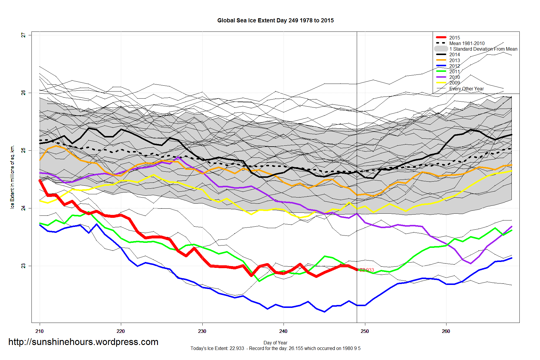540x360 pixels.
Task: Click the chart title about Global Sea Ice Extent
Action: tap(275, 21)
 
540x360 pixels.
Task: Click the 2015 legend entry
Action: tap(454, 38)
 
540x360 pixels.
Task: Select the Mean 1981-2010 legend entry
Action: tap(467, 43)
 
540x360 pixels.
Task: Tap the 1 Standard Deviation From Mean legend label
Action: tap(483, 49)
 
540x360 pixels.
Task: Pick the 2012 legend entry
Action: tap(454, 66)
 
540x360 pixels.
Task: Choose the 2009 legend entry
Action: tap(454, 83)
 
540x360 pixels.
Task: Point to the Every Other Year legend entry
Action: tap(466, 89)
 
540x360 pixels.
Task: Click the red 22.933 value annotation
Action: tap(367, 270)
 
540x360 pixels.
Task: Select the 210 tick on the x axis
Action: tap(39, 331)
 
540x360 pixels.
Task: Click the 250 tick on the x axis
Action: tap(365, 331)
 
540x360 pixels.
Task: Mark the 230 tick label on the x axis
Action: tap(202, 331)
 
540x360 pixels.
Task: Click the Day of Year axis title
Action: tap(275, 343)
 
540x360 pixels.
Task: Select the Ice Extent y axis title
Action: tap(12, 177)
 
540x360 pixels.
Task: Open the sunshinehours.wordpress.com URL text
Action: tap(83, 342)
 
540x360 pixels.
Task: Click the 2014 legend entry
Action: tap(454, 54)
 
